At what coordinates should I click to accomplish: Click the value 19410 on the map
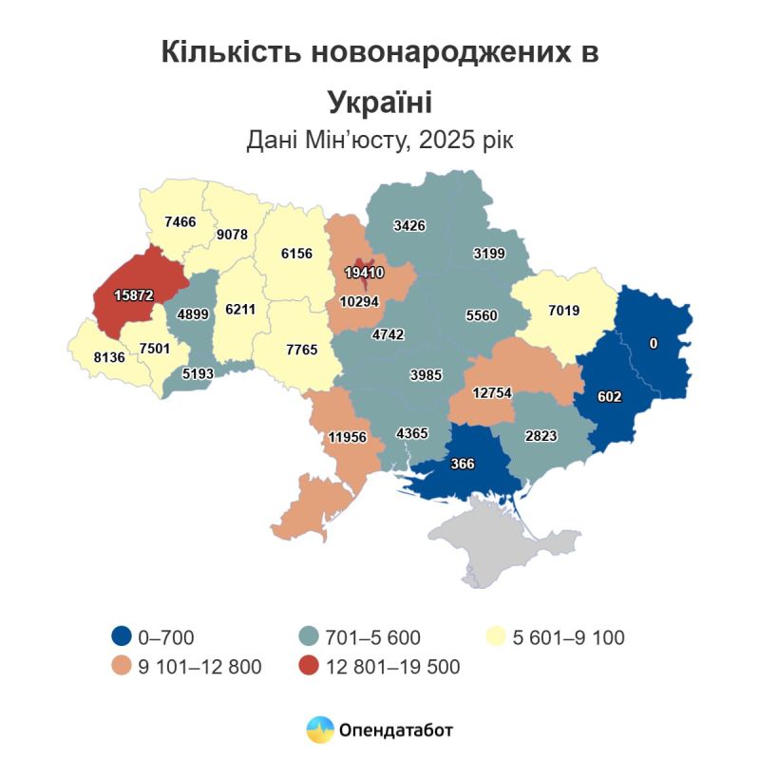364,272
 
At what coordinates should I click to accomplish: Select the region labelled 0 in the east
653,343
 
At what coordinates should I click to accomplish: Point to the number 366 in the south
462,464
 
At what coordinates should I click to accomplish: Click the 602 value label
609,397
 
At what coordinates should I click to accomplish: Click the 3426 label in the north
409,225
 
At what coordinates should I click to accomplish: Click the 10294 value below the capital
361,302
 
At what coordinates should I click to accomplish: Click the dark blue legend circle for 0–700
122,637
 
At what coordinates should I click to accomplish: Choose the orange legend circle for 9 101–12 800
122,667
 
